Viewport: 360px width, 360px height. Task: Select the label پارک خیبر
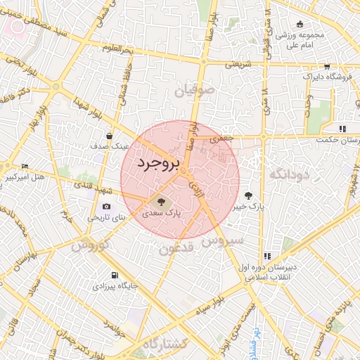click(249, 207)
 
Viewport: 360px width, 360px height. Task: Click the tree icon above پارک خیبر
click(248, 195)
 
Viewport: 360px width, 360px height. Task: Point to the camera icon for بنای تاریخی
click(106, 206)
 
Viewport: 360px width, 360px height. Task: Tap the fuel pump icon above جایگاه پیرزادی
click(114, 275)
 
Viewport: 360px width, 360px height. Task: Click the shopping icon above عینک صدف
click(110, 136)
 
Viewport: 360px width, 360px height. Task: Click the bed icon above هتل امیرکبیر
click(25, 167)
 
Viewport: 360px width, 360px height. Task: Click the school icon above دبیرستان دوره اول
click(266, 256)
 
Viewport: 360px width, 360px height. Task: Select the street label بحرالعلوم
click(117, 49)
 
